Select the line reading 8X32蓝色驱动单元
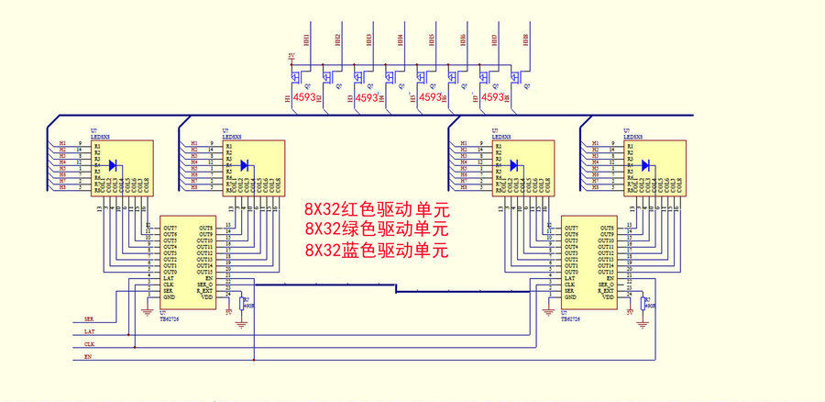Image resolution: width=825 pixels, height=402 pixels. tap(376, 250)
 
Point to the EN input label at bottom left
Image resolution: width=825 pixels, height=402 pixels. tap(88, 355)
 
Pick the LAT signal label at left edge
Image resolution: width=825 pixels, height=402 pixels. tap(89, 330)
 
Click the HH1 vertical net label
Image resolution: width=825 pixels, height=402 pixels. tap(306, 40)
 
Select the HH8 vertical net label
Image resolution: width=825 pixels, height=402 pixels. tap(525, 40)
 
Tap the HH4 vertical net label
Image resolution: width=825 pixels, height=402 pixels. tap(401, 40)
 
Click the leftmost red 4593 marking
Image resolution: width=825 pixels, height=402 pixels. tap(305, 96)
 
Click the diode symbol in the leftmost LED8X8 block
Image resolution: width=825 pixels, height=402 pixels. tap(114, 165)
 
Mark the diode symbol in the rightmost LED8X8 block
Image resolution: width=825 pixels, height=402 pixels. tap(646, 165)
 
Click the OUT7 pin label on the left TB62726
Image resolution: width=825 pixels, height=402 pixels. tap(170, 228)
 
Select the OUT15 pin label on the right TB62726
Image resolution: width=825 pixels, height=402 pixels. tap(606, 273)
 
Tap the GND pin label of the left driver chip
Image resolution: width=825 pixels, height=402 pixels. tap(169, 297)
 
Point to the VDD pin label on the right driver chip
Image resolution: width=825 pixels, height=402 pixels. tap(607, 297)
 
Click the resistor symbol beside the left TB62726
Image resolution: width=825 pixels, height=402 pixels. tap(243, 304)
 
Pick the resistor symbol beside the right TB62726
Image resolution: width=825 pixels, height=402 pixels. tap(644, 304)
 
